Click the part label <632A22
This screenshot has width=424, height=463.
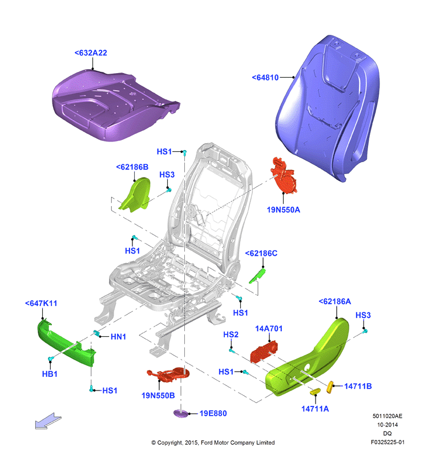[x=91, y=53]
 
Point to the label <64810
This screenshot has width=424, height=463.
[x=265, y=78]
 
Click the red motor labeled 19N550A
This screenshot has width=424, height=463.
[x=283, y=176]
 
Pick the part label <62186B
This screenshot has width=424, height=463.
[x=132, y=167]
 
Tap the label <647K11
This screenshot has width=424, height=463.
[x=41, y=303]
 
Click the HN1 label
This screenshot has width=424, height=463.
[x=118, y=337]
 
